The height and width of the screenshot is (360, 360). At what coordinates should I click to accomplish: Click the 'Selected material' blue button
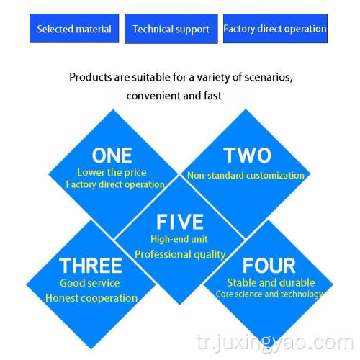pos(74,29)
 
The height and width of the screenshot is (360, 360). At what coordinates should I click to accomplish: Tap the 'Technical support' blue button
pos(171,29)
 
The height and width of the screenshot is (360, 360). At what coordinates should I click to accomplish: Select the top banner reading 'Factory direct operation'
pos(275,29)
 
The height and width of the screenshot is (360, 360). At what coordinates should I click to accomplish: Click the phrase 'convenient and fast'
pos(174,96)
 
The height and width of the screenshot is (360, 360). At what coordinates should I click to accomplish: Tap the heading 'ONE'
pos(112,156)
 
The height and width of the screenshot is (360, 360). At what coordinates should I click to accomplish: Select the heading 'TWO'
pos(247,155)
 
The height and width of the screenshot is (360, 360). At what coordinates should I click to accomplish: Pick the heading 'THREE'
pos(91,266)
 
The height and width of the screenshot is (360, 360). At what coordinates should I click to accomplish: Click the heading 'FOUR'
pos(269,266)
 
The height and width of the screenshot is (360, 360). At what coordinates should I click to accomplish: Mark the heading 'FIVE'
pos(180,222)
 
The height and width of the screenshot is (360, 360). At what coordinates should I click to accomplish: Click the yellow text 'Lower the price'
pos(112,173)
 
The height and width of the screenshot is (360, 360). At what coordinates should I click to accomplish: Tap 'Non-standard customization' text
pos(246,176)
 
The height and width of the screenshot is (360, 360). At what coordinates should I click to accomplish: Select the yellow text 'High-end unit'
pos(179,239)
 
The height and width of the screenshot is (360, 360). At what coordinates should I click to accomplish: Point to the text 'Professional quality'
pos(180,254)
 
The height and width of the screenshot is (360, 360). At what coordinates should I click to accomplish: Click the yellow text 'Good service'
pos(90,283)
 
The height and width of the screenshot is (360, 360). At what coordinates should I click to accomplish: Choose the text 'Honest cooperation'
pos(91,298)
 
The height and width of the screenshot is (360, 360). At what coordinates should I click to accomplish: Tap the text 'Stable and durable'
pos(271,283)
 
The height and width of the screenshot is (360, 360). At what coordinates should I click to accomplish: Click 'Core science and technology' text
pos(269,294)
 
